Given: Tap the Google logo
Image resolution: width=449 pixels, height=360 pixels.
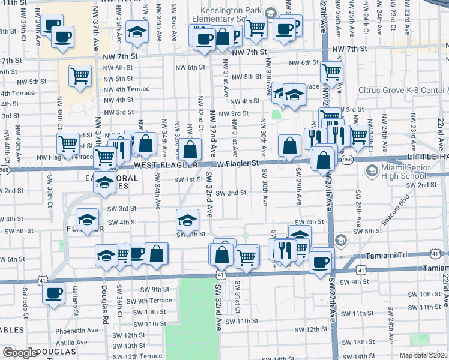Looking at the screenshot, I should click(20, 353).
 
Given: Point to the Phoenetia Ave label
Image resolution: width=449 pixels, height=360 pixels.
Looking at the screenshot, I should click(76, 331).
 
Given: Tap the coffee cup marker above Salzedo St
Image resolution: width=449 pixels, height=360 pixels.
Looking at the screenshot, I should click(54, 293).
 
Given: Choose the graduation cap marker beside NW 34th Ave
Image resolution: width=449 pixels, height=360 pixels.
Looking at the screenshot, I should click(137, 31).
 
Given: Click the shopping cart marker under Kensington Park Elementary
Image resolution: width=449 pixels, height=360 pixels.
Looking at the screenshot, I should click(256, 26).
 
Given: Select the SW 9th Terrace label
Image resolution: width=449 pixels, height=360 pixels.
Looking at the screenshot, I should click(147, 301).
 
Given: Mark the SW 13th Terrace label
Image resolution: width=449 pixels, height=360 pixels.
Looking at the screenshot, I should click(137, 356).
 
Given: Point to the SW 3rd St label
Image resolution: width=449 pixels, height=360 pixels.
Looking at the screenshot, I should click(122, 209).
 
